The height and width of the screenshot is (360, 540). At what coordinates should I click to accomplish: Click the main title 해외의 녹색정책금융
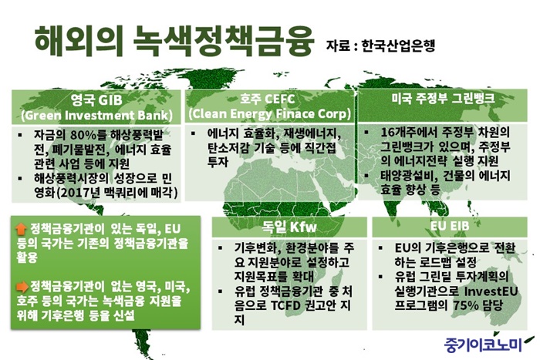tap(174, 41)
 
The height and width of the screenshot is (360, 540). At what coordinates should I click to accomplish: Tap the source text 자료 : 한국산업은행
tap(380, 45)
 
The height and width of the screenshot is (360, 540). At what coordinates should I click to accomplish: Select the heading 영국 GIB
tap(96, 99)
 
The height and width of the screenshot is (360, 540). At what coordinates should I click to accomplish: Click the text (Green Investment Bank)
tap(96, 116)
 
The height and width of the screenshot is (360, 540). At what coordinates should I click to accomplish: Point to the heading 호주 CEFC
tap(267, 99)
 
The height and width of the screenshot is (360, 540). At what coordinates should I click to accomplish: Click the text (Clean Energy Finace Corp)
tap(270, 113)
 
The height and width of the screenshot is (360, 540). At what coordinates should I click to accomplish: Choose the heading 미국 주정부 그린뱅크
tap(443, 99)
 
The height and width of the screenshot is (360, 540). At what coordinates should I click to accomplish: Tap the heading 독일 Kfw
tap(289, 227)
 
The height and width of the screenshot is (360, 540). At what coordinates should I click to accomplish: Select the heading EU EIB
tap(450, 226)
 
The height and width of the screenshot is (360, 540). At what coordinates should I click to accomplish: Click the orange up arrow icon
tap(22, 229)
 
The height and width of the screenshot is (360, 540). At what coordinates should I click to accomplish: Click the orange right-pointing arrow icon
tap(22, 286)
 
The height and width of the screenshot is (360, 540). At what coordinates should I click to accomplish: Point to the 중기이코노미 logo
tap(483, 345)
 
